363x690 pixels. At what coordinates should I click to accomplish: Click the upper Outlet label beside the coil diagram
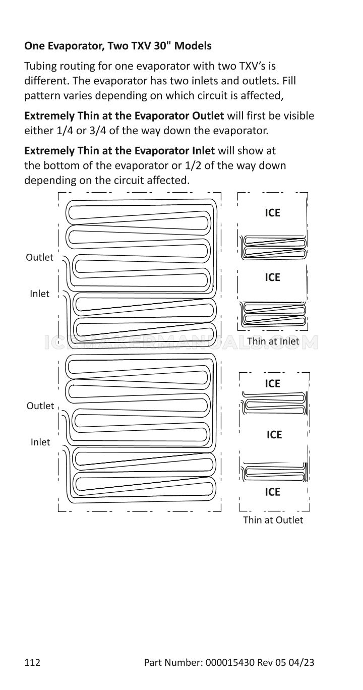39,257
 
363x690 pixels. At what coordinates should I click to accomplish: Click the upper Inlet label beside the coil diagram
39,294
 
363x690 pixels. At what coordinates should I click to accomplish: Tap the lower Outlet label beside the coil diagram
40,406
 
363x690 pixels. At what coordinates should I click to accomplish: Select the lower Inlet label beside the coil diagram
40,442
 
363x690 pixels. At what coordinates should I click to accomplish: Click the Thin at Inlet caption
273,341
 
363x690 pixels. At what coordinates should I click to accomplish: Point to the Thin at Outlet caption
273,520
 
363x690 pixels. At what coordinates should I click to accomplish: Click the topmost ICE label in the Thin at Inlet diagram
272,213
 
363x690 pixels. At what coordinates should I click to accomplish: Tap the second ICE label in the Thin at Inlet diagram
272,277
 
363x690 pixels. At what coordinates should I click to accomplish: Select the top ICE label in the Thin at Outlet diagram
272,383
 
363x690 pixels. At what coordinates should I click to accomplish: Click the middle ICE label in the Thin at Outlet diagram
274,435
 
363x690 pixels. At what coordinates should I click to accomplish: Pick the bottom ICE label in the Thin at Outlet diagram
272,492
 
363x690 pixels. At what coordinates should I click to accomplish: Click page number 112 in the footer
32,669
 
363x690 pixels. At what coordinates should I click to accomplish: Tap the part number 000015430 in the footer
230,669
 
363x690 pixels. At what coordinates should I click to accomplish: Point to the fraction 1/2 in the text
193,165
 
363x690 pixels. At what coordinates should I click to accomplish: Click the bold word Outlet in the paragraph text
208,116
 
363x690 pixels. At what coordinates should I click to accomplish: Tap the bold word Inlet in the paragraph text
204,151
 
